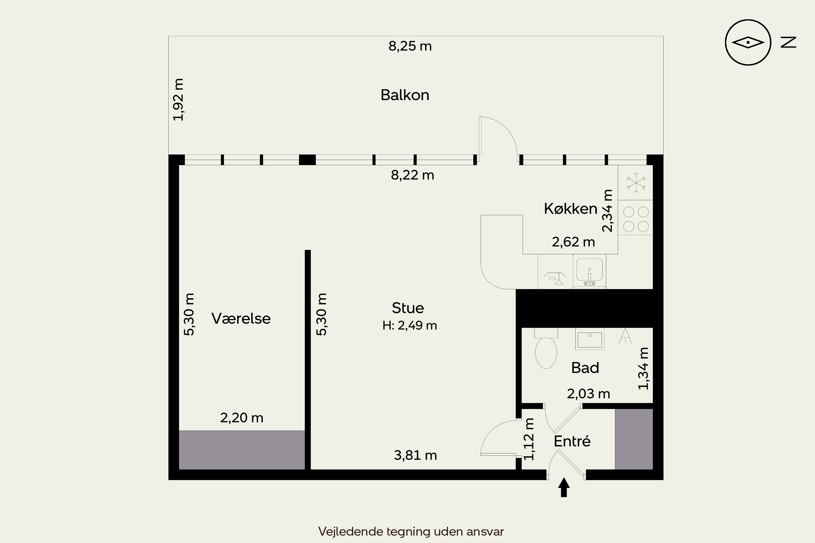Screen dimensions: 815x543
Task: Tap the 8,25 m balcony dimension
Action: pos(410,46)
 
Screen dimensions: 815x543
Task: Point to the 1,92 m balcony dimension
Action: pos(178,100)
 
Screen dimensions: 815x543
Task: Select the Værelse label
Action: pos(241,318)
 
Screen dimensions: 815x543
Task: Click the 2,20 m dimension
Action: pos(242,418)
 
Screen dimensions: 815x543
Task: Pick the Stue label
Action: pos(408,308)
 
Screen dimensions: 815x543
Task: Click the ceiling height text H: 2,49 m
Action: pos(410,326)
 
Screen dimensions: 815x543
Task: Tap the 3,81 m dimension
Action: pos(415,455)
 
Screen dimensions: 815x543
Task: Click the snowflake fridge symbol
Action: pos(636,182)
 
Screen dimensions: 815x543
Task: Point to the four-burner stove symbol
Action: pos(636,219)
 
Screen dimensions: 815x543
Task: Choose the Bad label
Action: pos(585,368)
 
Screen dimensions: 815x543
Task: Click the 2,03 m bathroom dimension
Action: pos(588,394)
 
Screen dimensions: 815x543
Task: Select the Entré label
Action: pos(572,441)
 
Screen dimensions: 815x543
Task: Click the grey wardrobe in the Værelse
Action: pos(242,450)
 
